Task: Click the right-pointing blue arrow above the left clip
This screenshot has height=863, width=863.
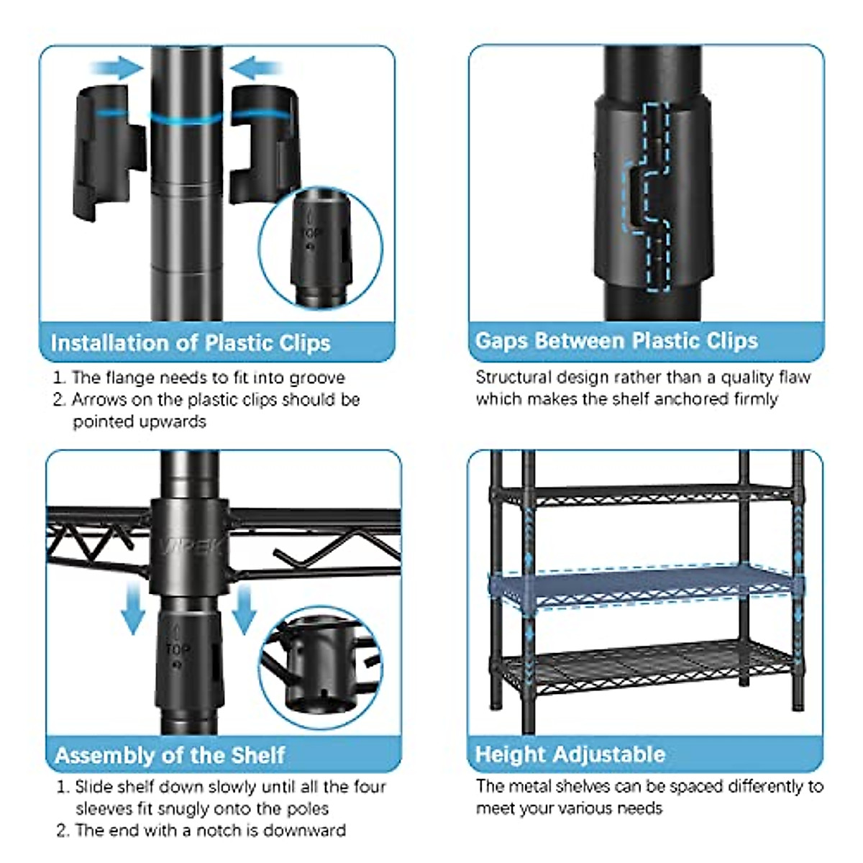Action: point(117,69)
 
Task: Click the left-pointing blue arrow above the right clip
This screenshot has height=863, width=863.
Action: point(257,69)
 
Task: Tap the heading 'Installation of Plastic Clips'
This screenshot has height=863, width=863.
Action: point(191,342)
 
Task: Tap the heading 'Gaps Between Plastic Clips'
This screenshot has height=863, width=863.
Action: point(616,341)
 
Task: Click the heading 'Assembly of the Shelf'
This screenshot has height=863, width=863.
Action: point(170,755)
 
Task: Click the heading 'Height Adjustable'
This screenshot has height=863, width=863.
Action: point(570,754)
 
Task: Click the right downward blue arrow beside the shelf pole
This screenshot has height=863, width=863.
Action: point(244,608)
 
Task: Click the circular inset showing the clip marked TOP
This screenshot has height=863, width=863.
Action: point(321,247)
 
